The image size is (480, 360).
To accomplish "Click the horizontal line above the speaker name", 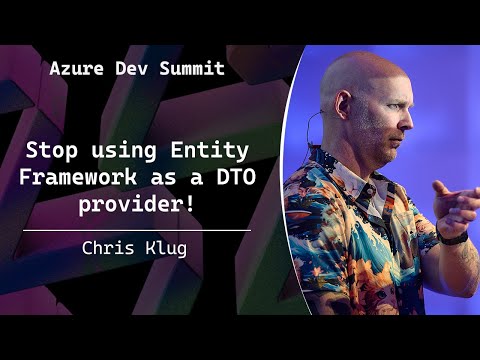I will (x=136, y=230).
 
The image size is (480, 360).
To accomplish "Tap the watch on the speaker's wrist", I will (x=453, y=236).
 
